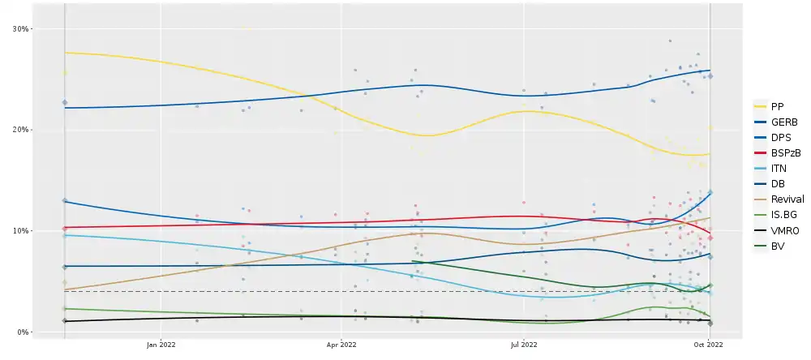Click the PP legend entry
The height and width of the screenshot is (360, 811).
pyautogui.click(x=777, y=106)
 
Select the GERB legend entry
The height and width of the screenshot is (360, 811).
pyautogui.click(x=781, y=122)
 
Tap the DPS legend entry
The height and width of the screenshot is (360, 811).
pyautogui.click(x=779, y=137)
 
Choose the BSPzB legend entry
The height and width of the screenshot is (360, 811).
pyautogui.click(x=783, y=152)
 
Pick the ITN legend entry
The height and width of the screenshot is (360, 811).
pyautogui.click(x=779, y=168)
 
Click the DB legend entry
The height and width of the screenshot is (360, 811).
pyautogui.click(x=777, y=183)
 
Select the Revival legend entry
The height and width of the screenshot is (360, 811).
pyautogui.click(x=783, y=199)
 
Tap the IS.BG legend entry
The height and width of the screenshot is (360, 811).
pyautogui.click(x=781, y=214)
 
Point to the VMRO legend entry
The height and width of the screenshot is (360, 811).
pyautogui.click(x=782, y=229)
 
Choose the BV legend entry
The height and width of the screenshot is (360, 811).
pyautogui.click(x=777, y=245)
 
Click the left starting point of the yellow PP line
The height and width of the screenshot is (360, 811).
pyautogui.click(x=65, y=53)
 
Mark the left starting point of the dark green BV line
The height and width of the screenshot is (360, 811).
pyautogui.click(x=414, y=261)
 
